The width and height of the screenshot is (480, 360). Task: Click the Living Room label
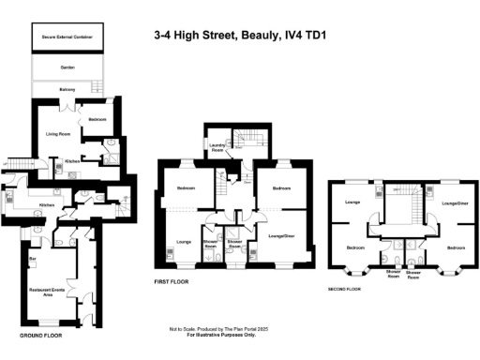(x=59, y=134)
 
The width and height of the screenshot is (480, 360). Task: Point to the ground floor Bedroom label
(x=98, y=120)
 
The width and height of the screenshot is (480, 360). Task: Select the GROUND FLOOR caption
(x=40, y=334)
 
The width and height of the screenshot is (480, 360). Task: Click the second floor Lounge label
(x=354, y=202)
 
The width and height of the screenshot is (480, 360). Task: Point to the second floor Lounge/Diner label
(x=455, y=202)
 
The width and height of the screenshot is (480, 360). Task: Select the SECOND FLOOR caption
(x=345, y=290)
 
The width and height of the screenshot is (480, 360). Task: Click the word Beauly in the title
(x=250, y=38)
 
